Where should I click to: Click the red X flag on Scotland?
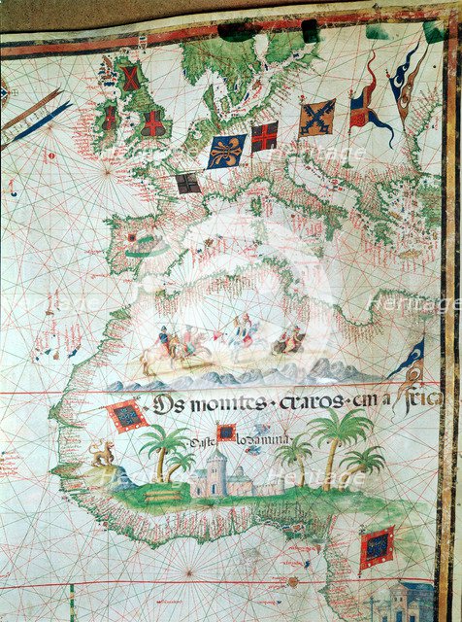point(130,79)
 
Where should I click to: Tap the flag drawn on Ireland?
point(110,120)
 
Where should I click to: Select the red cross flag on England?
point(152,122)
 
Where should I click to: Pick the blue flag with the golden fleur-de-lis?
point(224,151)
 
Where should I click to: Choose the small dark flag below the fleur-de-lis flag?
point(187,183)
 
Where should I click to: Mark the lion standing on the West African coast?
point(101,452)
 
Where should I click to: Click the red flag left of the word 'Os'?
point(127,416)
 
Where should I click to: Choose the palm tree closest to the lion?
point(162,449)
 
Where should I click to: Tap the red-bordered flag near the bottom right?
point(377,549)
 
